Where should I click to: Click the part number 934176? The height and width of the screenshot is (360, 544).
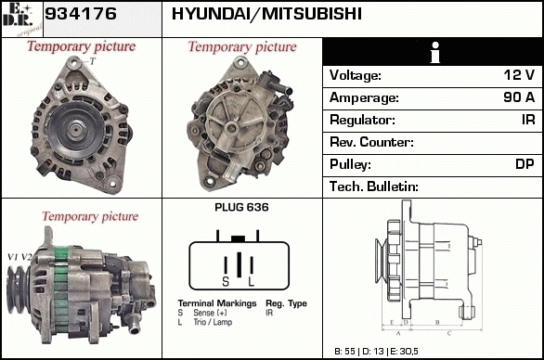pos(81,14)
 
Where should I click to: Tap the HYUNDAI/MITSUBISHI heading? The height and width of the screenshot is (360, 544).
pos(266,14)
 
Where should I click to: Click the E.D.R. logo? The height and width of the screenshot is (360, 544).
pos(21,19)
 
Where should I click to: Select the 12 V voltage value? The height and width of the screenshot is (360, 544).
pos(519,75)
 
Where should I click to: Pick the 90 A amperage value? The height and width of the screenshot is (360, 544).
pos(519,97)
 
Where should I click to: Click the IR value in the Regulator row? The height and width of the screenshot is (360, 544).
pos(528,120)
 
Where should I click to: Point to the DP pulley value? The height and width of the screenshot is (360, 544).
pos(525,164)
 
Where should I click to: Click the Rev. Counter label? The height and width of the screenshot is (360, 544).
pos(371,142)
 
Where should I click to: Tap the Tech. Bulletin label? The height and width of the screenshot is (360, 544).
pos(374,186)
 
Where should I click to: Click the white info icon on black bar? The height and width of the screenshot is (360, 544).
pos(435,52)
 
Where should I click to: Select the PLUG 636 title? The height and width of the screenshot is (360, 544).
pos(241,207)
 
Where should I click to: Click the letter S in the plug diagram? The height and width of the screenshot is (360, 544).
pos(226,282)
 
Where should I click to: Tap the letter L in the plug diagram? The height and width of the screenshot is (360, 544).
pos(252,282)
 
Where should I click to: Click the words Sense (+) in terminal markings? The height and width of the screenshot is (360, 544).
pos(210,313)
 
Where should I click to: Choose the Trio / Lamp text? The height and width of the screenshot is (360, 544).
pos(213,322)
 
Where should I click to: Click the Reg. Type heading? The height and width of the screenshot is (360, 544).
pos(286,303)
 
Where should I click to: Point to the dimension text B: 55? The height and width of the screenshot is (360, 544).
pos(344,352)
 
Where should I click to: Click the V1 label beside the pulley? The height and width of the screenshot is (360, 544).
pos(12,257)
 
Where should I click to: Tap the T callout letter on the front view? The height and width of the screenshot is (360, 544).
pos(92,61)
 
